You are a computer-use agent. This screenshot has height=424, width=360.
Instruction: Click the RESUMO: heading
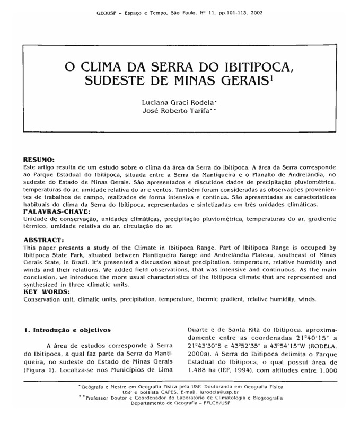point(39,159)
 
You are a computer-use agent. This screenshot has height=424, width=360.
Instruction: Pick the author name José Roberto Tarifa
point(180,111)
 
